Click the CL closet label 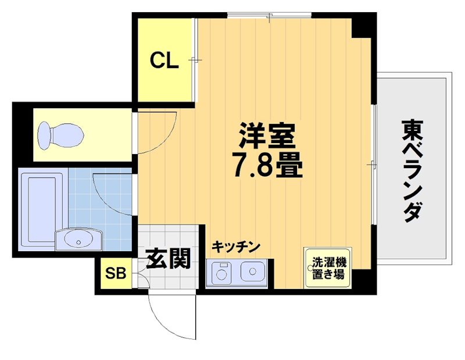point(164,60)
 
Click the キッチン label point(235,247)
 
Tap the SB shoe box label point(116,273)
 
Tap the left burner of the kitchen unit point(221,272)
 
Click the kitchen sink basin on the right point(252,271)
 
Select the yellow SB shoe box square point(116,273)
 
